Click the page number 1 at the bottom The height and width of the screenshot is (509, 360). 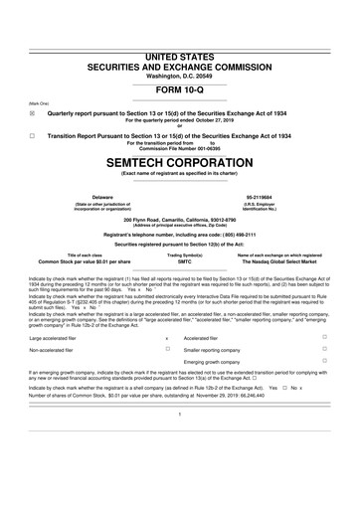click(179, 441)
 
